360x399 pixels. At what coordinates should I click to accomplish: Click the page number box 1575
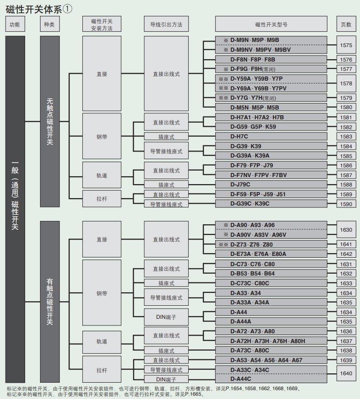[x=346, y=45]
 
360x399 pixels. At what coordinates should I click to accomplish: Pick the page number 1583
[x=346, y=137]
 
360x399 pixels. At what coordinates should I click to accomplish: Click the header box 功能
[x=15, y=24]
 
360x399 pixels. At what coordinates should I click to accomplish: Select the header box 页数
[x=346, y=24]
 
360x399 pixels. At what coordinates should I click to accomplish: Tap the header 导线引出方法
[x=166, y=24]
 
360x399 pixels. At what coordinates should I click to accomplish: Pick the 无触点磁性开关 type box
[x=50, y=121]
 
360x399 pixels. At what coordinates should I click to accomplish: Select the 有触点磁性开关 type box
[x=50, y=302]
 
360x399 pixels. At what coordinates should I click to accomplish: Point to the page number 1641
[x=346, y=244]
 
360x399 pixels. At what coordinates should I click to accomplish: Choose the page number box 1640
[x=346, y=373]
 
